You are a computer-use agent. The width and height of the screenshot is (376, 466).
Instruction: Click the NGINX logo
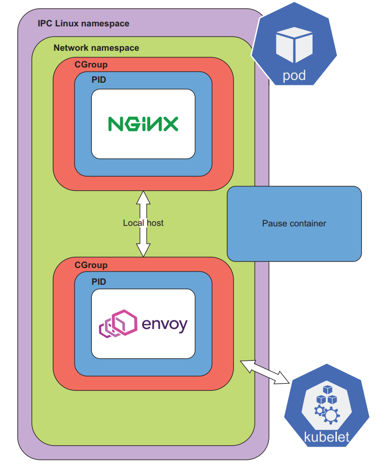click(143, 124)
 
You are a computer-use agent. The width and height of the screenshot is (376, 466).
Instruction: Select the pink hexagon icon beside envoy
click(118, 323)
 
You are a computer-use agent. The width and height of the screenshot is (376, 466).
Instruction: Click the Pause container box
click(294, 223)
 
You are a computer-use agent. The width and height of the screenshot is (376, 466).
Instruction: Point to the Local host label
click(143, 223)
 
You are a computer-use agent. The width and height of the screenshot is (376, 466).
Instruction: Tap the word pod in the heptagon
click(294, 76)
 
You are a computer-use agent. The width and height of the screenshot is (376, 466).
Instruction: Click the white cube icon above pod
click(294, 45)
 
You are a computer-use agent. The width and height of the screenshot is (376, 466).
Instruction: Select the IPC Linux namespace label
click(83, 23)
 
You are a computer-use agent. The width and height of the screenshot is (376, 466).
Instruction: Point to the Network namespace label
click(96, 48)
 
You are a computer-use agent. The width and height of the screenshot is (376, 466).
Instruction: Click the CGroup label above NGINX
click(91, 65)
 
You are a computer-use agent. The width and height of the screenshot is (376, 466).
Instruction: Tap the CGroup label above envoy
click(91, 265)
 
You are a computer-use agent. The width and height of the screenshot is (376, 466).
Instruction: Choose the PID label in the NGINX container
click(98, 80)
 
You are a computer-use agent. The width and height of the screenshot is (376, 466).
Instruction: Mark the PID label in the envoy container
click(98, 281)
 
